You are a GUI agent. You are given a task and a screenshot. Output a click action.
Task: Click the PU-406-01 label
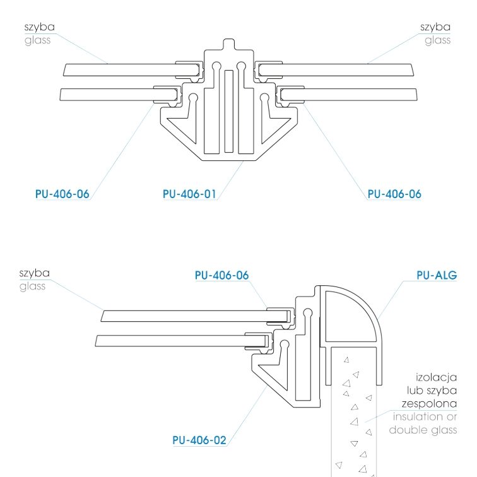(x=189, y=194)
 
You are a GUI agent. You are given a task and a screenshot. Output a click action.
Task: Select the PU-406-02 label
(x=199, y=440)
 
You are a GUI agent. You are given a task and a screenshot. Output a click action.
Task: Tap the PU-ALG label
(x=437, y=275)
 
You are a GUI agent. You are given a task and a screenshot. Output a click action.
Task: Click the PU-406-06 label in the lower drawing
(x=221, y=275)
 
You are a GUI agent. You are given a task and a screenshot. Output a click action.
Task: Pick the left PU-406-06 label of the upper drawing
(x=62, y=194)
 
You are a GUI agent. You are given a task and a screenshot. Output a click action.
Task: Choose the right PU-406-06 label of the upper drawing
(x=394, y=194)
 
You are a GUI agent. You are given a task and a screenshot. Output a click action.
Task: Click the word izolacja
(x=436, y=377)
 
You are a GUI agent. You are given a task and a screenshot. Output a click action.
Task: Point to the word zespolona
(x=429, y=404)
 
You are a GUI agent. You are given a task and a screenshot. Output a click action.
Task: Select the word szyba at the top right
(x=435, y=27)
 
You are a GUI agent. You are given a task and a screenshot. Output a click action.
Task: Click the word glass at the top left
(x=38, y=40)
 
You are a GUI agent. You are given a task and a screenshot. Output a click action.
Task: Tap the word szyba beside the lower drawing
(x=34, y=273)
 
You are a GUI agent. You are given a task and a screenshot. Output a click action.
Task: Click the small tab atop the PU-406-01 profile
(x=229, y=44)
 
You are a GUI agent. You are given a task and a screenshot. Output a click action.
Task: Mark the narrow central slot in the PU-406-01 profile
(x=229, y=111)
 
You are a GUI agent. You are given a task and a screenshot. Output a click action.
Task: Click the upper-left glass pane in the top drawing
(x=131, y=69)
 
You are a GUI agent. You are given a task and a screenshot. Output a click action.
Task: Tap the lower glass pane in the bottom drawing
(x=182, y=341)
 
